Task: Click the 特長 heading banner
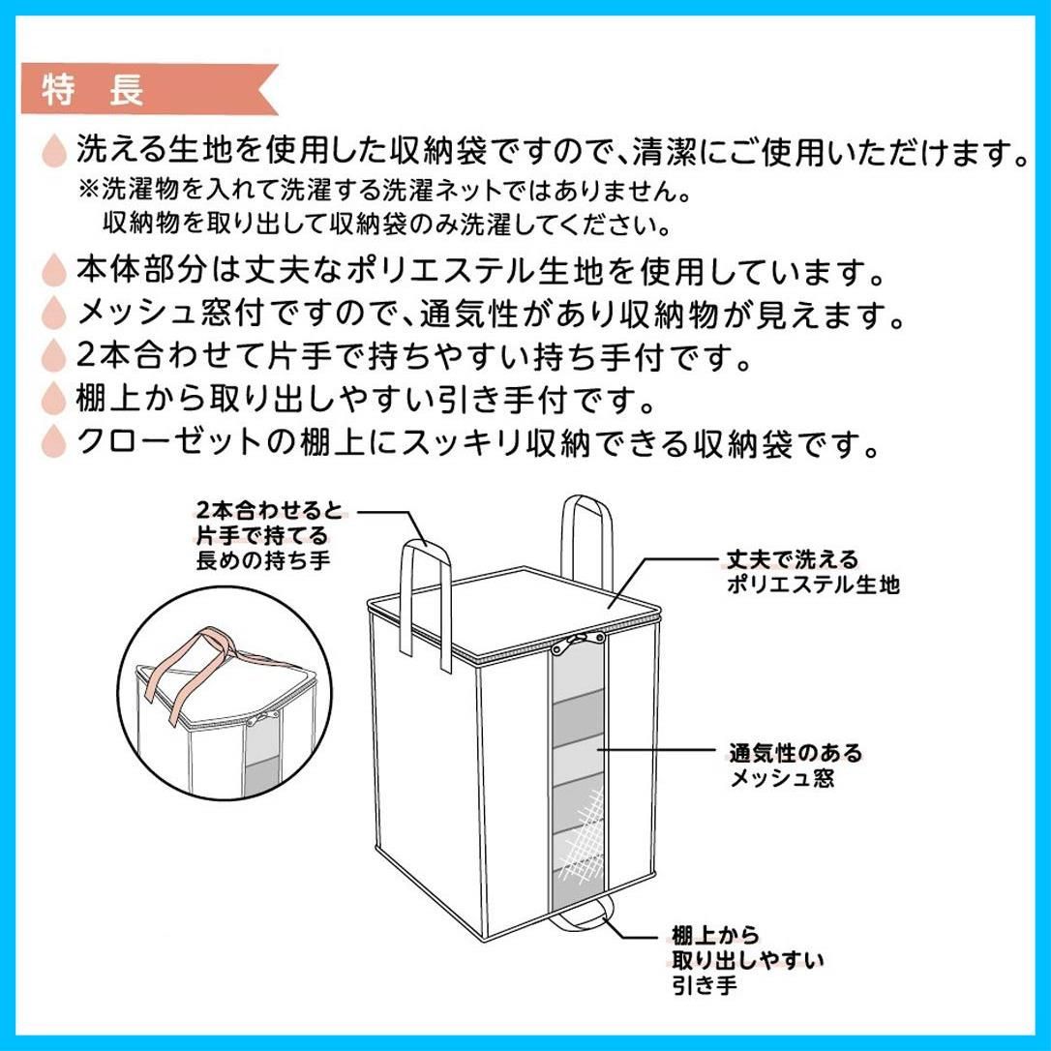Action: [x=149, y=89]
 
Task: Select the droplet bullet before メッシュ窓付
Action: [x=54, y=313]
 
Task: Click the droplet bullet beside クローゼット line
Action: [x=54, y=441]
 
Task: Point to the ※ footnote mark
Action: [x=89, y=191]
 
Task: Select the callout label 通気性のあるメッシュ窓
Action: [x=796, y=766]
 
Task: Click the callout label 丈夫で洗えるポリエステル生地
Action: [x=813, y=572]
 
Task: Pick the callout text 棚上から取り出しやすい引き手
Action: [x=748, y=959]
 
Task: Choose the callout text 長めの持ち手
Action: [x=263, y=559]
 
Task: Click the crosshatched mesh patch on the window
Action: [x=584, y=835]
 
